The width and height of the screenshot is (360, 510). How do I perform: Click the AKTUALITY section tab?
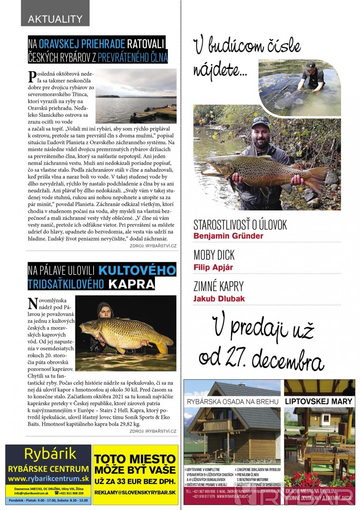click(x=55, y=19)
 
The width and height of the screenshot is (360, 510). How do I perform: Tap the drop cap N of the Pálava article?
click(x=34, y=304)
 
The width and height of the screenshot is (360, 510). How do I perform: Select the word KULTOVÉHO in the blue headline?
click(x=137, y=270)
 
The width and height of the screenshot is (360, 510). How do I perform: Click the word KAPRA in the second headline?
click(x=132, y=284)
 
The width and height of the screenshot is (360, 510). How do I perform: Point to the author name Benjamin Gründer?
click(x=228, y=236)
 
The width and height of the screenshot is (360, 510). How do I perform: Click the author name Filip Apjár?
click(x=213, y=267)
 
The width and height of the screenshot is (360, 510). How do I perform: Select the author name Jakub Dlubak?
click(x=219, y=299)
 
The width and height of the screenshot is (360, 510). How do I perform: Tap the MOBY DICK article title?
click(x=214, y=255)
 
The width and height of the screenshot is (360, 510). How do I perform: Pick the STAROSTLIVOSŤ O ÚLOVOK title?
click(x=240, y=224)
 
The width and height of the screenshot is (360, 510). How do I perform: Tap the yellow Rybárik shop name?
click(x=50, y=454)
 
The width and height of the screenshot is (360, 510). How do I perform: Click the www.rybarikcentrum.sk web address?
click(x=48, y=479)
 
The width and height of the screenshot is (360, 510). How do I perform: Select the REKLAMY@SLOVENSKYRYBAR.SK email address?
click(x=135, y=492)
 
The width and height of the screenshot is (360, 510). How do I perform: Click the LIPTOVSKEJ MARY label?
click(x=319, y=401)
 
